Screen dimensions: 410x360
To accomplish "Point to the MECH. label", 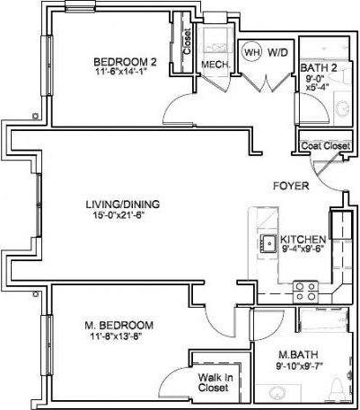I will (x=214, y=65).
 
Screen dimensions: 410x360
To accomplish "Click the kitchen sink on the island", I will (x=268, y=242).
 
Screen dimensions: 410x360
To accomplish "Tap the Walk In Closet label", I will (x=215, y=383).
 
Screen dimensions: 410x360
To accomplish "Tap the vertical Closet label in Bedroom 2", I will (x=187, y=42).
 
